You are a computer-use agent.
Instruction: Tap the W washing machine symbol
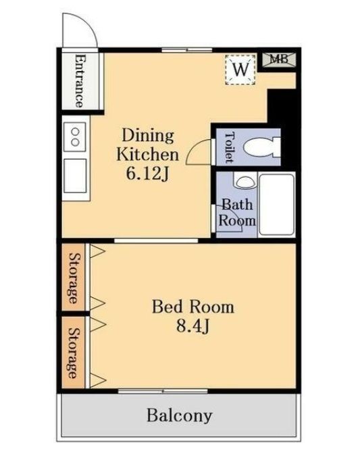click(x=240, y=70)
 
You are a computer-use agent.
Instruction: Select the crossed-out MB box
click(x=278, y=59)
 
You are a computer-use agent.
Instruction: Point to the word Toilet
click(x=230, y=147)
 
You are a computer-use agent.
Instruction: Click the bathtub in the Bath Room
click(x=276, y=204)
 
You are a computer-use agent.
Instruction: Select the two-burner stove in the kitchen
click(x=75, y=136)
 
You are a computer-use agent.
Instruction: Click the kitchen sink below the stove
click(x=75, y=176)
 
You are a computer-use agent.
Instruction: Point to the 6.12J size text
click(x=147, y=174)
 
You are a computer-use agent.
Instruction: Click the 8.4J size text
click(x=192, y=326)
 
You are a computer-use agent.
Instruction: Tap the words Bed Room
click(x=193, y=307)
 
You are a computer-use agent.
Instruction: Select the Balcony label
click(x=179, y=415)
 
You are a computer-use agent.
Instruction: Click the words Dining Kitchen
click(x=147, y=145)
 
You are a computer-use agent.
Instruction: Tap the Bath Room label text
click(x=237, y=212)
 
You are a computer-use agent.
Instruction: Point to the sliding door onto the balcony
click(x=163, y=391)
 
